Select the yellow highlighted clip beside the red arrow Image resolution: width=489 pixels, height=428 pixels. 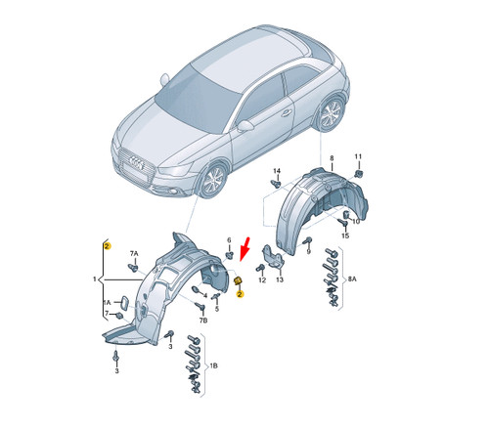coord(237,281)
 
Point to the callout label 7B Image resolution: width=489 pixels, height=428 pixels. coord(203,321)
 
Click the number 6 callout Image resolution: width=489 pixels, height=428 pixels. coord(230,241)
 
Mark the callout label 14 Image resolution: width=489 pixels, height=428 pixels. coord(277,170)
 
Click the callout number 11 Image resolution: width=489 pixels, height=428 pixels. coord(358,156)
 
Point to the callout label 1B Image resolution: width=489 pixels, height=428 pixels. coord(212,364)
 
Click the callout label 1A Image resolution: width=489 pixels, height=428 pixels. coord(107,303)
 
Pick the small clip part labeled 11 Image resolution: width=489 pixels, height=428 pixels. coord(358,173)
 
